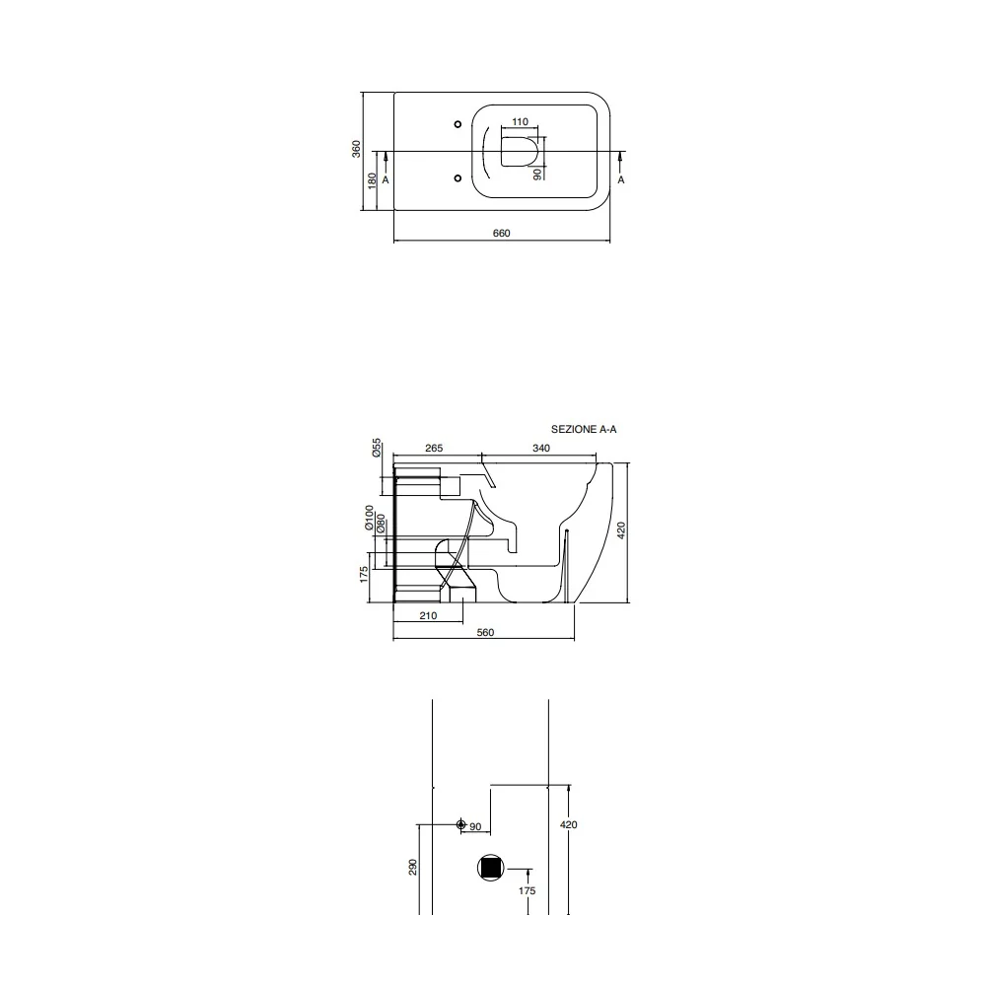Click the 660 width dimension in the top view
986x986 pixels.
pos(501,234)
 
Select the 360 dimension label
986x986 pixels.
pos(357,149)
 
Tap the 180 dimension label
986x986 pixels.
pos(373,180)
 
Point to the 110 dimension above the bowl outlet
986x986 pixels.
pos(520,122)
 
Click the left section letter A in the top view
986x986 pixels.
pos(386,179)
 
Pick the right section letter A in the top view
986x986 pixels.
pos(621,179)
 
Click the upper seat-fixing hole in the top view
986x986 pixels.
pos(458,124)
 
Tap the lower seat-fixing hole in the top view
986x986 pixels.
pos(458,178)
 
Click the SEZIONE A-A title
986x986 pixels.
pos(584,430)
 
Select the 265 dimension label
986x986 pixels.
pos(434,449)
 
